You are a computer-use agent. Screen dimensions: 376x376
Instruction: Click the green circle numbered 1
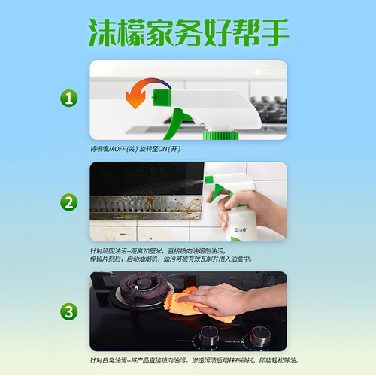coord(69,99)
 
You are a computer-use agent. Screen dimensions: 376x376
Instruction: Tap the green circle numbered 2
coord(69,202)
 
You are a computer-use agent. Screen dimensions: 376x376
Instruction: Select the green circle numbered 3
coord(69,310)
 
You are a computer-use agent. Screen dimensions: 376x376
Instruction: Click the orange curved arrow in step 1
coord(137,93)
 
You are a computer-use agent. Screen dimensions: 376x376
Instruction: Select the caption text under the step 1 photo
coord(136,149)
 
